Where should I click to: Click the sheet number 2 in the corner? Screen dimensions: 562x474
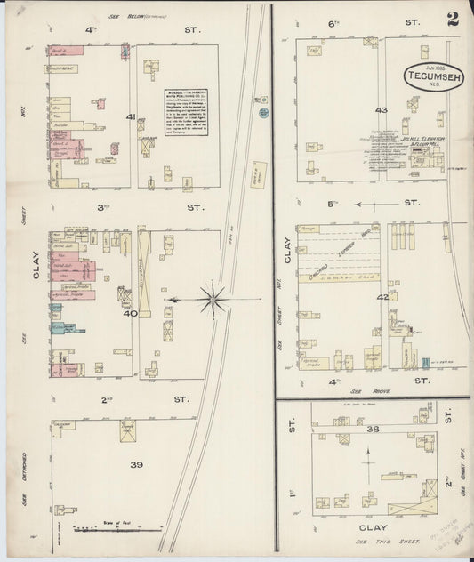(453, 20)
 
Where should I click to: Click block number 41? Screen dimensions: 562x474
(131, 116)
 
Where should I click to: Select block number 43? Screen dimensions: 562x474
(382, 110)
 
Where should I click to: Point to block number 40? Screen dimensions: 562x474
(130, 312)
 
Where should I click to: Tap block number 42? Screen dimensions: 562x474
(382, 297)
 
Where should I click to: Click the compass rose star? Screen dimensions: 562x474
(213, 300)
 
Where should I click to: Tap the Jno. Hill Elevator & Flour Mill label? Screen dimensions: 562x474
(398, 140)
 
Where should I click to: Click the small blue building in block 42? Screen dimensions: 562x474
(424, 362)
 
